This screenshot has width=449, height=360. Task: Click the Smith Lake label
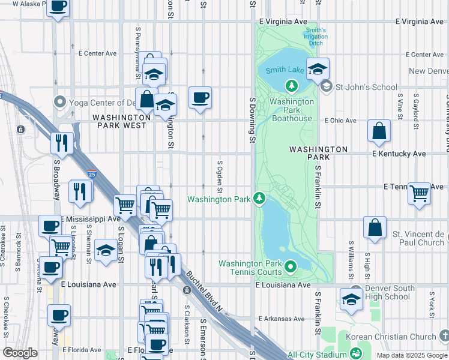pyautogui.click(x=287, y=70)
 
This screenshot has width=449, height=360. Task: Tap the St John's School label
pyautogui.click(x=366, y=87)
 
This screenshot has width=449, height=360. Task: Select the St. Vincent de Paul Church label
pyautogui.click(x=418, y=238)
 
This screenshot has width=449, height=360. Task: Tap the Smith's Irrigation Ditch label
pyautogui.click(x=316, y=37)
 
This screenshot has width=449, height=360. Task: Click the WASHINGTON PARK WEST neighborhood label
pyautogui.click(x=119, y=121)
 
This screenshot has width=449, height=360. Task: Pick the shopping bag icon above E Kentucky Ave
pyautogui.click(x=379, y=131)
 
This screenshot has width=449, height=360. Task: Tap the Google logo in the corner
pyautogui.click(x=20, y=353)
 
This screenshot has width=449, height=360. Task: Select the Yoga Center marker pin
pyautogui.click(x=59, y=101)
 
